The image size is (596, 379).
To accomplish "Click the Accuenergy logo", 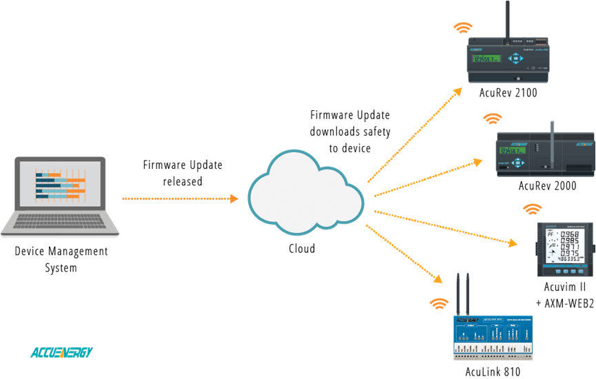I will [x=61, y=352].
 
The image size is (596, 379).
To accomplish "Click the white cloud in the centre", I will [x=306, y=192].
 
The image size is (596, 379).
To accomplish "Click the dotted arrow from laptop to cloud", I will [x=179, y=198].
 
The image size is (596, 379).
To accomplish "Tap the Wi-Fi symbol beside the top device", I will [x=462, y=28].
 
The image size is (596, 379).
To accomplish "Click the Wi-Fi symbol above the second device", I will [x=492, y=119].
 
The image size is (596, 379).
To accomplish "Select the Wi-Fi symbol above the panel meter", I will [x=532, y=208].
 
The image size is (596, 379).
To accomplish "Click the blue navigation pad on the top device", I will [x=515, y=59].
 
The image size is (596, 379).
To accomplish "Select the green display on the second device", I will [x=513, y=150].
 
